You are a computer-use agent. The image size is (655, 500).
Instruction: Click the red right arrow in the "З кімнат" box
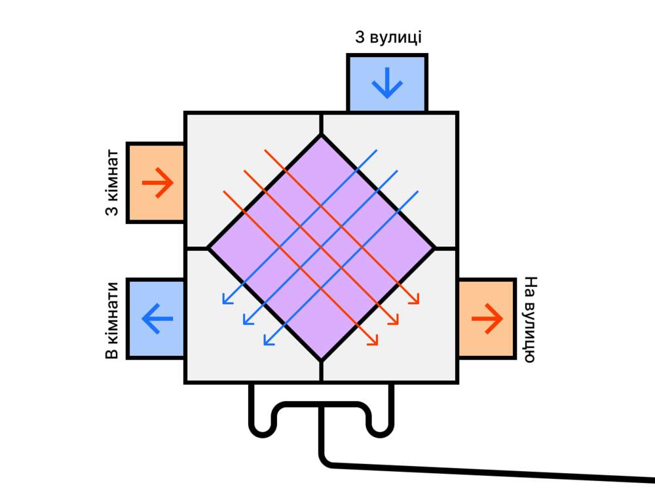[x=157, y=183]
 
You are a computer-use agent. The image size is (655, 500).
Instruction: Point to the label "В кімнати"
[x=112, y=320]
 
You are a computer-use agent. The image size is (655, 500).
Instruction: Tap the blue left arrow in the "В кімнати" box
[x=157, y=319]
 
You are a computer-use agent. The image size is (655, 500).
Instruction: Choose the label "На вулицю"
[x=530, y=319]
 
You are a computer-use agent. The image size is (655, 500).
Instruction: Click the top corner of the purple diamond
[x=321, y=136]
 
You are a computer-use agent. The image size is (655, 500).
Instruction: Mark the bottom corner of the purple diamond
[x=321, y=360]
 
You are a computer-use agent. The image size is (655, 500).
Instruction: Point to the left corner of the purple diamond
[x=209, y=248]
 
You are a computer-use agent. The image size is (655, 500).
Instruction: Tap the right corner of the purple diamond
[x=434, y=248]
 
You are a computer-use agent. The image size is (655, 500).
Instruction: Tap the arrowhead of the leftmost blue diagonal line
[x=225, y=301]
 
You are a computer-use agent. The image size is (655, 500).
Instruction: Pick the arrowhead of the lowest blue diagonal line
[x=266, y=343]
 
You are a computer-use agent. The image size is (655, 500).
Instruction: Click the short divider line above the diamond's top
[x=321, y=124]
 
